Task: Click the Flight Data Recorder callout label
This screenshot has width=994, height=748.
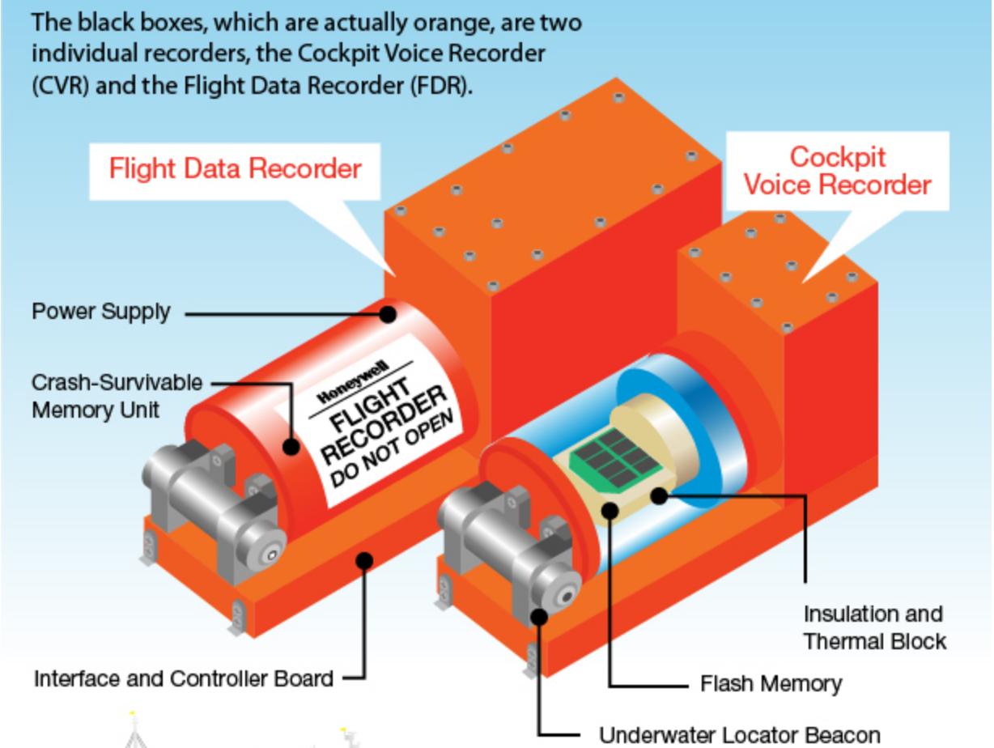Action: pos(235,169)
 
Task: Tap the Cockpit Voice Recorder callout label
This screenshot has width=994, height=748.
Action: pos(837,170)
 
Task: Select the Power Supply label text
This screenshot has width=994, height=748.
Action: pos(101,312)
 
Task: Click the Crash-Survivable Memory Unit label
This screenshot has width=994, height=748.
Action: pos(117,395)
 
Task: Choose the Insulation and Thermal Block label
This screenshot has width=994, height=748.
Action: pos(874,627)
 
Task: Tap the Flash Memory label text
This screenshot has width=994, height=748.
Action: pos(771,684)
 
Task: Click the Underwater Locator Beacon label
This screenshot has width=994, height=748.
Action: pos(738,735)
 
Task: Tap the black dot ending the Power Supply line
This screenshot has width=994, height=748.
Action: pos(389,313)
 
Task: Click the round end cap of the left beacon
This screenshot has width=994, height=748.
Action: pos(268,555)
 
